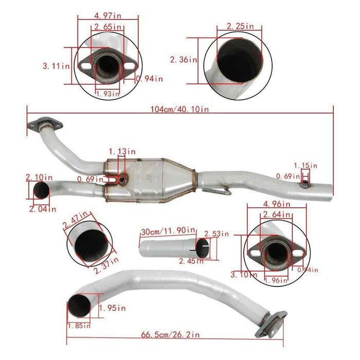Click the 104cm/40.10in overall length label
(x=179, y=109)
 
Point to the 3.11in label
(x=57, y=65)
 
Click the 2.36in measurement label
(x=184, y=60)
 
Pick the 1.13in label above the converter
(x=122, y=152)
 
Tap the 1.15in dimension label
(x=305, y=166)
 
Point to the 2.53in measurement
(x=217, y=234)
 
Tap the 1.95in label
(x=112, y=309)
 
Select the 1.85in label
(x=79, y=326)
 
